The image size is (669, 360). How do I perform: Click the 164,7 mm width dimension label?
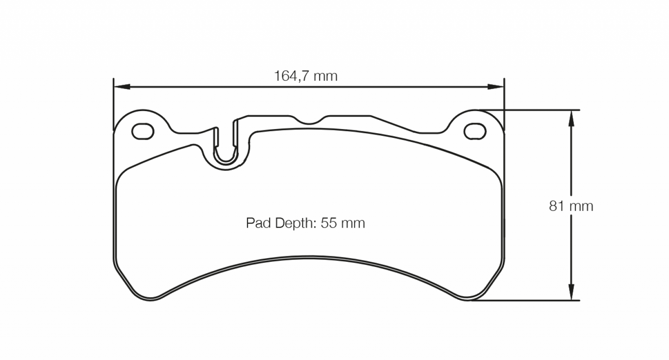click(x=306, y=76)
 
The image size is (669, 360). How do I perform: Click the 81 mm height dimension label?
click(x=571, y=206)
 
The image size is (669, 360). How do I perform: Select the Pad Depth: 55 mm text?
click(x=305, y=223)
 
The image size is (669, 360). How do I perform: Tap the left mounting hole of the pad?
click(x=143, y=131)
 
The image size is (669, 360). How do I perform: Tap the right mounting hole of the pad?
click(x=475, y=131)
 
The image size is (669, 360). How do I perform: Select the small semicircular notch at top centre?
click(x=310, y=121)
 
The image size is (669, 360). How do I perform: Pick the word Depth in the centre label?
click(x=293, y=223)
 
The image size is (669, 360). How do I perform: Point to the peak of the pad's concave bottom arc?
click(x=309, y=257)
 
